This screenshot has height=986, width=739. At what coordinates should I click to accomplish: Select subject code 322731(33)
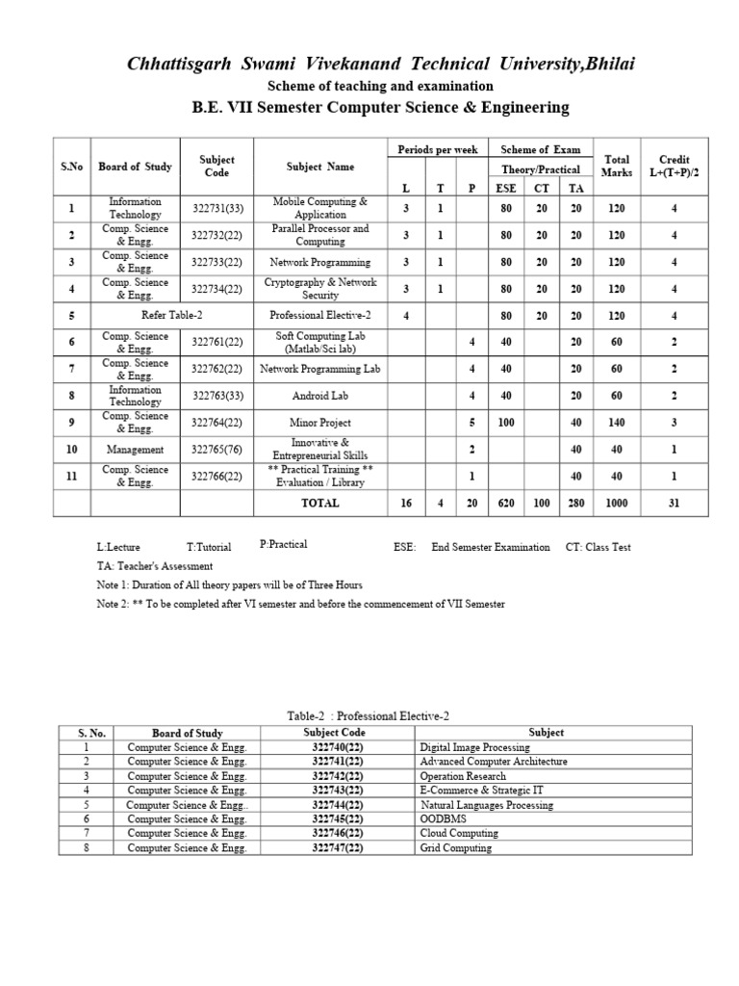[x=217, y=208]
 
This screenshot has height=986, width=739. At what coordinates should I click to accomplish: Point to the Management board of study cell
[x=136, y=449]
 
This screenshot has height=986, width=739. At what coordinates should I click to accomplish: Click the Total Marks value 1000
[x=617, y=503]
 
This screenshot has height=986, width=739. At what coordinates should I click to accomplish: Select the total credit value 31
[x=675, y=503]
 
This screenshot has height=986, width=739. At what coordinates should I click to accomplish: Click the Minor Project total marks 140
[x=617, y=422]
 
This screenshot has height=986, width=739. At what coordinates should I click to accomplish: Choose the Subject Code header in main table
[x=217, y=166]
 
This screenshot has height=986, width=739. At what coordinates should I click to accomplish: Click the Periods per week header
[x=438, y=149]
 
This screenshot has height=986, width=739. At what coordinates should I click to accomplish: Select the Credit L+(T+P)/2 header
[x=675, y=166]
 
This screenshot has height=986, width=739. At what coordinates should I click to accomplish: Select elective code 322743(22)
[x=338, y=790]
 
